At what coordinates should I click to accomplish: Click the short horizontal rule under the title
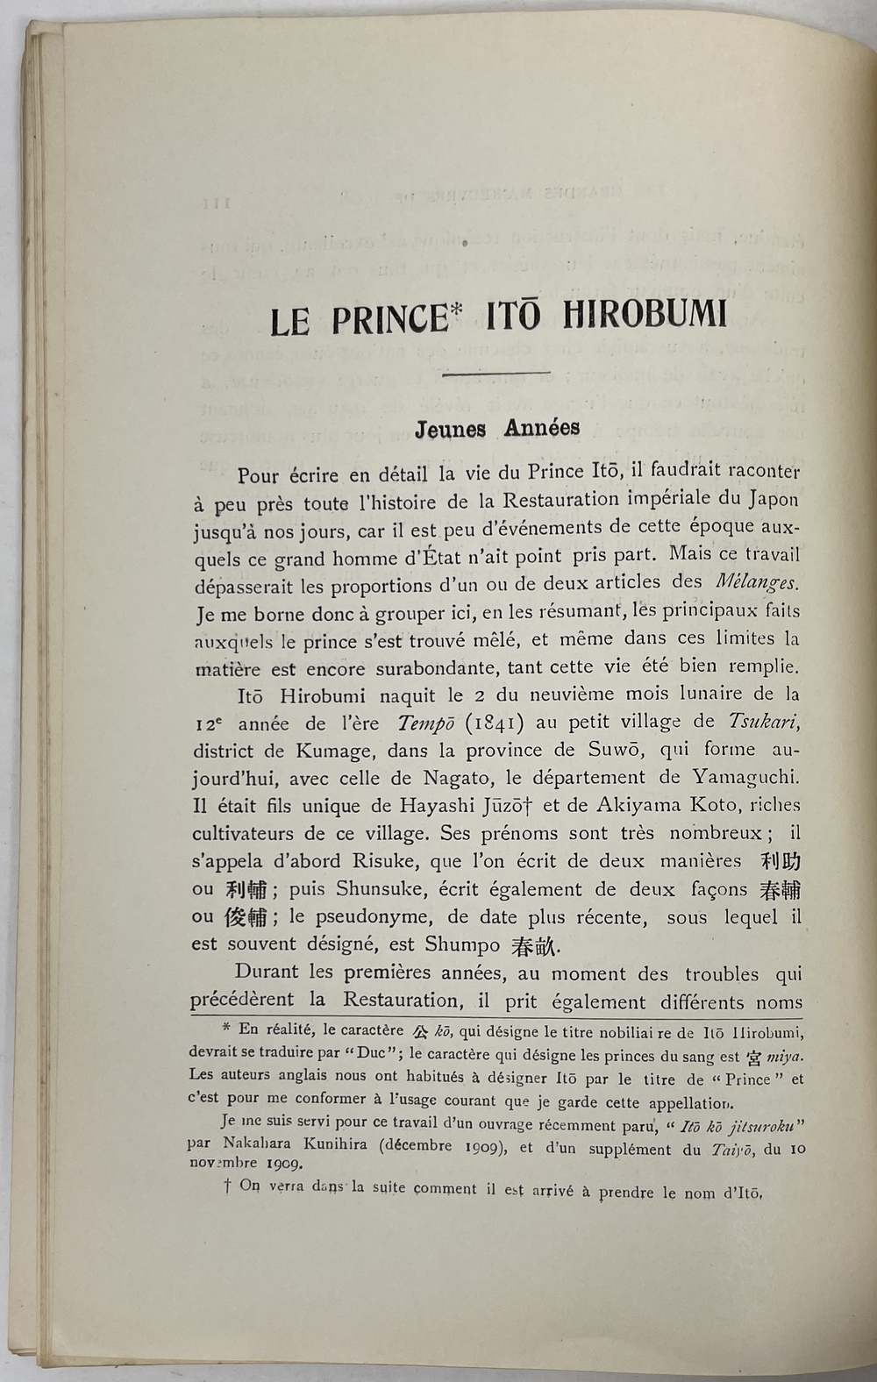[497, 374]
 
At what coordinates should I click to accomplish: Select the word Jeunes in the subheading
[451, 429]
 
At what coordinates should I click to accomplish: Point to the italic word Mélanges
[757, 582]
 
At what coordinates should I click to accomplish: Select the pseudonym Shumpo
[462, 944]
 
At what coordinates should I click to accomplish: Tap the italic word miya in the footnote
[784, 1055]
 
